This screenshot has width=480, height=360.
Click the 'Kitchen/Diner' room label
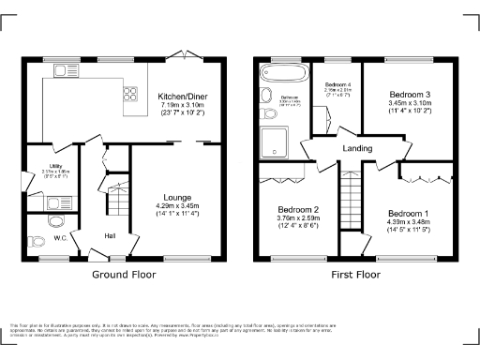[x=182, y=96]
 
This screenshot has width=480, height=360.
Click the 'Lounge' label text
[x=178, y=197]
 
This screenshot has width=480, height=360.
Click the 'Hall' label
[x=110, y=235]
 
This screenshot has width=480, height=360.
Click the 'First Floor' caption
[x=355, y=277]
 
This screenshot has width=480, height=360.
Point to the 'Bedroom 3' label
[x=412, y=95]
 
